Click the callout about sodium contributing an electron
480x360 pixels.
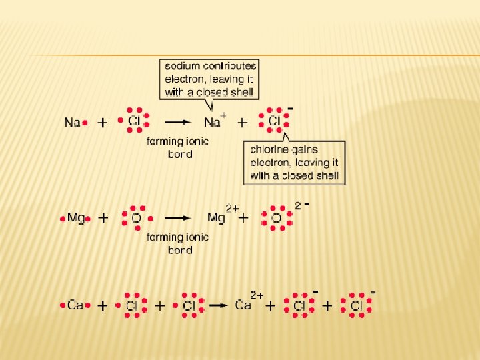pos(210,79)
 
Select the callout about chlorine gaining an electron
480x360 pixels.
pos(294,162)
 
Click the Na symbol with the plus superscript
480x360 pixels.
pos(212,123)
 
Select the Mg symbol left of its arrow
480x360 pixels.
pos(76,218)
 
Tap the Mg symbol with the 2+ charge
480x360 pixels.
pos(216,218)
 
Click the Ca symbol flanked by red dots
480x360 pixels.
pos(75,305)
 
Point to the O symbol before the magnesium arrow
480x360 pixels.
pos(136,218)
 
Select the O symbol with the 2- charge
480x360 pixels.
pos(276,218)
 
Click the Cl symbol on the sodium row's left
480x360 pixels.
pos(133,122)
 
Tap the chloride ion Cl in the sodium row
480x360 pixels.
pos(273,122)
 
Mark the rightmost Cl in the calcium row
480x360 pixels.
pos(356,306)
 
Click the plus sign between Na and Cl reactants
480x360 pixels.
pos(103,123)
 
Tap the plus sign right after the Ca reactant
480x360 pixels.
pos(103,306)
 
